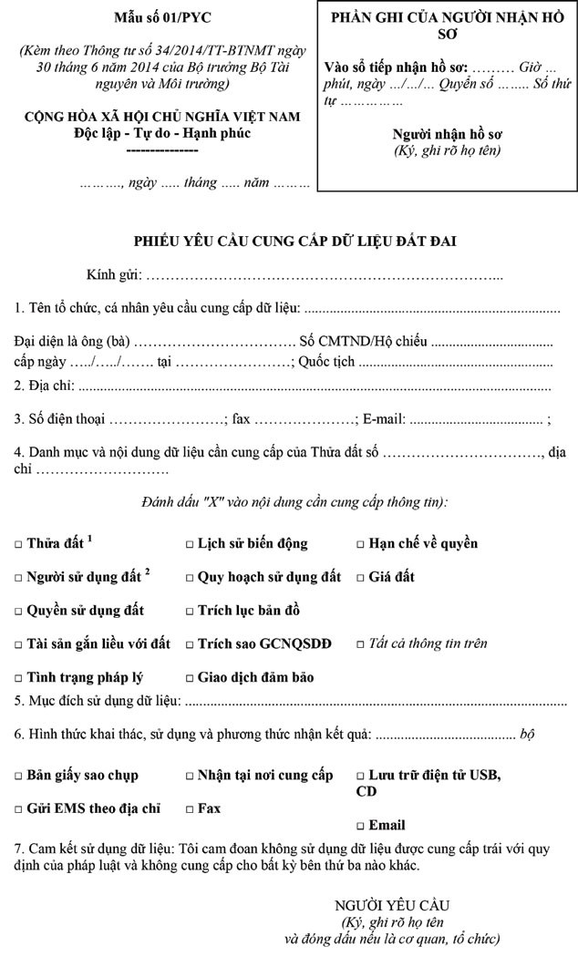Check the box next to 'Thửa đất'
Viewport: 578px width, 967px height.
19,544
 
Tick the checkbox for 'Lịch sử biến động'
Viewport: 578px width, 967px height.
190,544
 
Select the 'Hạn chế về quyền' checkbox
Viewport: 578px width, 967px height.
360,544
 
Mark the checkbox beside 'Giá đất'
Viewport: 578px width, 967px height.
360,578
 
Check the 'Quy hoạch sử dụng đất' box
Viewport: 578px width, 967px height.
190,578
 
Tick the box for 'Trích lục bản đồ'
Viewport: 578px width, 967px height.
190,611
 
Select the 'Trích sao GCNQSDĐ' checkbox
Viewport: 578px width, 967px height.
190,644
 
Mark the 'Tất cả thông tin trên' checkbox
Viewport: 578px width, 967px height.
360,644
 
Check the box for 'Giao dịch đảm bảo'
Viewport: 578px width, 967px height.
190,678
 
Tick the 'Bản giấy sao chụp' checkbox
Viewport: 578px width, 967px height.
19,776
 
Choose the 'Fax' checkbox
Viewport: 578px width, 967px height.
190,808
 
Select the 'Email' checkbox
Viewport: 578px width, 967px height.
360,826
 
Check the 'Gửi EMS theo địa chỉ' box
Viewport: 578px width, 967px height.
19,808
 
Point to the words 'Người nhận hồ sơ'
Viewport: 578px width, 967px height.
447,134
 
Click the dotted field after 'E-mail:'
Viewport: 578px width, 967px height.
477,420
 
